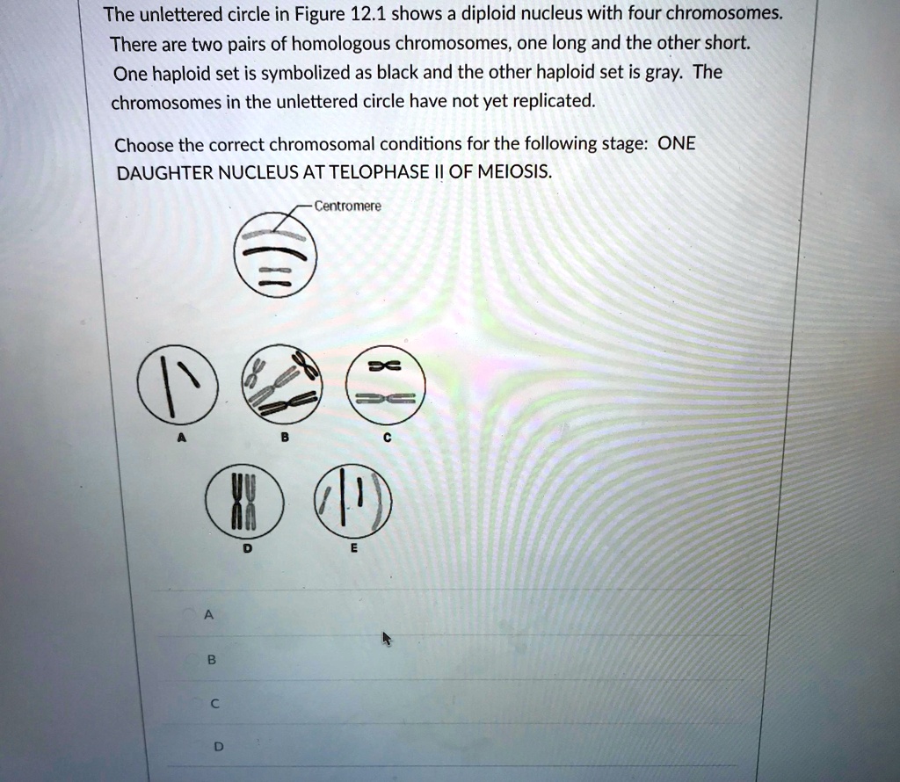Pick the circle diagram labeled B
[282, 384]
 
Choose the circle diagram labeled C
[386, 385]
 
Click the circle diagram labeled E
[354, 500]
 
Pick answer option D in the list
[219, 747]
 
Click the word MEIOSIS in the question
[519, 172]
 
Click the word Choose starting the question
[145, 144]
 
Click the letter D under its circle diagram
[247, 547]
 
